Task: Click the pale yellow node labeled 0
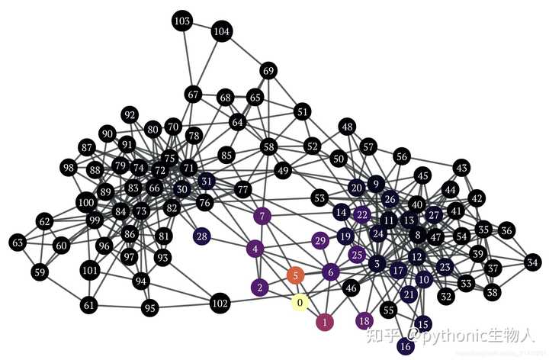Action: [300, 303]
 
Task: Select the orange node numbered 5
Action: [295, 275]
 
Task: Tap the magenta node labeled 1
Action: [326, 323]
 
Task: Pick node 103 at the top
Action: [182, 21]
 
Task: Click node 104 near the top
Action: [222, 32]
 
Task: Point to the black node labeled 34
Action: [532, 263]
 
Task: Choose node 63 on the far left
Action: [18, 243]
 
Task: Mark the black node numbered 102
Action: [220, 304]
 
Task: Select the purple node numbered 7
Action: [263, 217]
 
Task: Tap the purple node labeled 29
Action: [321, 241]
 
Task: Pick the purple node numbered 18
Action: [364, 320]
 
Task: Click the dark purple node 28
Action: [202, 236]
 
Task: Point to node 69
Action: [268, 71]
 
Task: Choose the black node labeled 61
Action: [90, 305]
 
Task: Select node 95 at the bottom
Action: [149, 308]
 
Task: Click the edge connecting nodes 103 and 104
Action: [202, 26]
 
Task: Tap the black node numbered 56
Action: [402, 156]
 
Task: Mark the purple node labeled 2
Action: [260, 288]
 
